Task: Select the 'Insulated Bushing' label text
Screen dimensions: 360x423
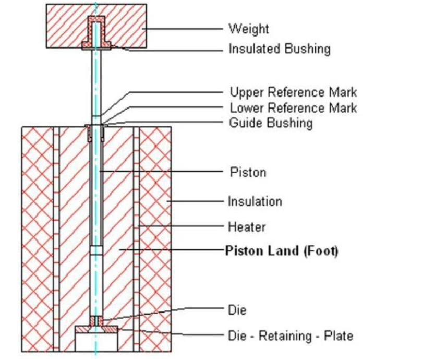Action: pyautogui.click(x=279, y=49)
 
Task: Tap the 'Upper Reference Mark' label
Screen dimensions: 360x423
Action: pyautogui.click(x=293, y=92)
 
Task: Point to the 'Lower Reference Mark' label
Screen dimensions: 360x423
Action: pyautogui.click(x=293, y=108)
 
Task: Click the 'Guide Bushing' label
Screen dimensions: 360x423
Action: pyautogui.click(x=271, y=123)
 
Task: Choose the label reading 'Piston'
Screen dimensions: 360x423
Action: pyautogui.click(x=248, y=172)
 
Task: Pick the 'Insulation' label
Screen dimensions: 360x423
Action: pyautogui.click(x=255, y=201)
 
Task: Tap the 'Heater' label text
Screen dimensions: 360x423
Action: pyautogui.click(x=247, y=227)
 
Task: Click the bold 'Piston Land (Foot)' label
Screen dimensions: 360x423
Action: pyautogui.click(x=282, y=251)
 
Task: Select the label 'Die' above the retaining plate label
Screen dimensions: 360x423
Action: pyautogui.click(x=237, y=309)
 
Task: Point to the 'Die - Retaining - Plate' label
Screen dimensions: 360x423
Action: pyautogui.click(x=290, y=335)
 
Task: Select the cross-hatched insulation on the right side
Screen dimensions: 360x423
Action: pyautogui.click(x=156, y=235)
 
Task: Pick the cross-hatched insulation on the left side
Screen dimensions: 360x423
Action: pyautogui.click(x=37, y=235)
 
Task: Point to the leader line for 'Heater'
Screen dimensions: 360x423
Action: pyautogui.click(x=183, y=226)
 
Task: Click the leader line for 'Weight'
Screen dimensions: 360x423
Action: pyautogui.click(x=183, y=28)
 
